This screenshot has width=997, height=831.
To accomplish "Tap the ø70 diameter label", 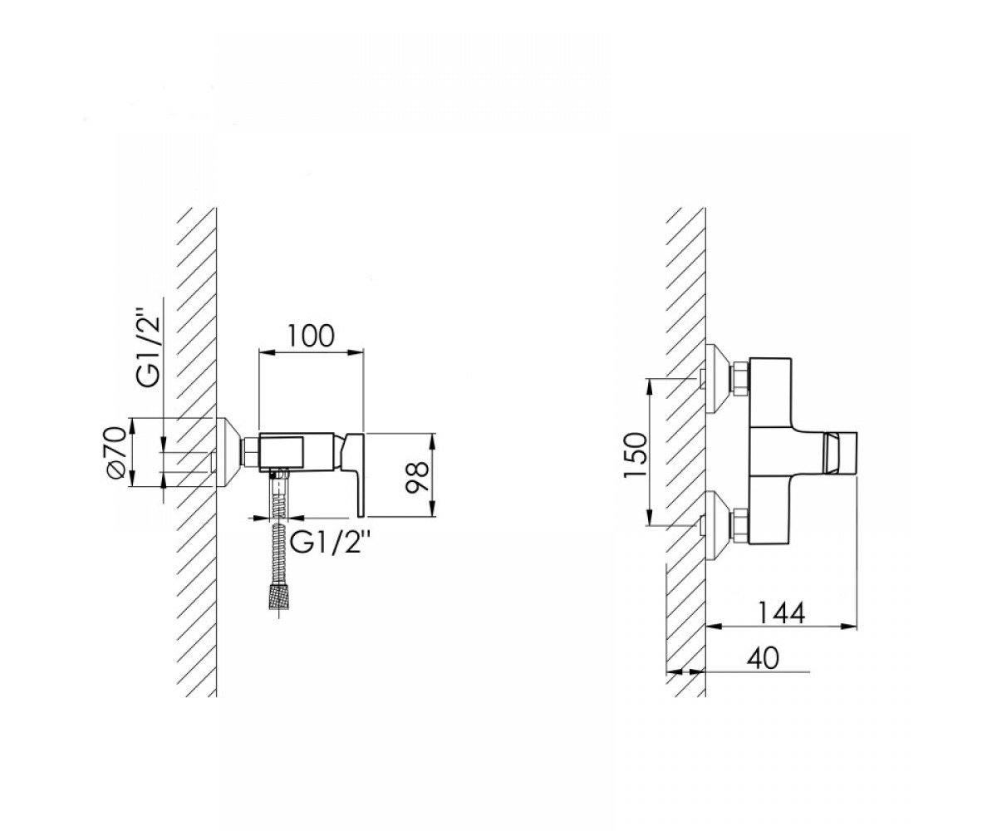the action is coord(117,452).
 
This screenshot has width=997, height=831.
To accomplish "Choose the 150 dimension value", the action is coord(636,455).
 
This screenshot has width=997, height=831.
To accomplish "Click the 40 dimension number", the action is coord(763,658).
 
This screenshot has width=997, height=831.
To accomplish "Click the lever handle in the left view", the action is coord(356,474).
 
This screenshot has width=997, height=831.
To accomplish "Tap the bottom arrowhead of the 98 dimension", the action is coord(433,508).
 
